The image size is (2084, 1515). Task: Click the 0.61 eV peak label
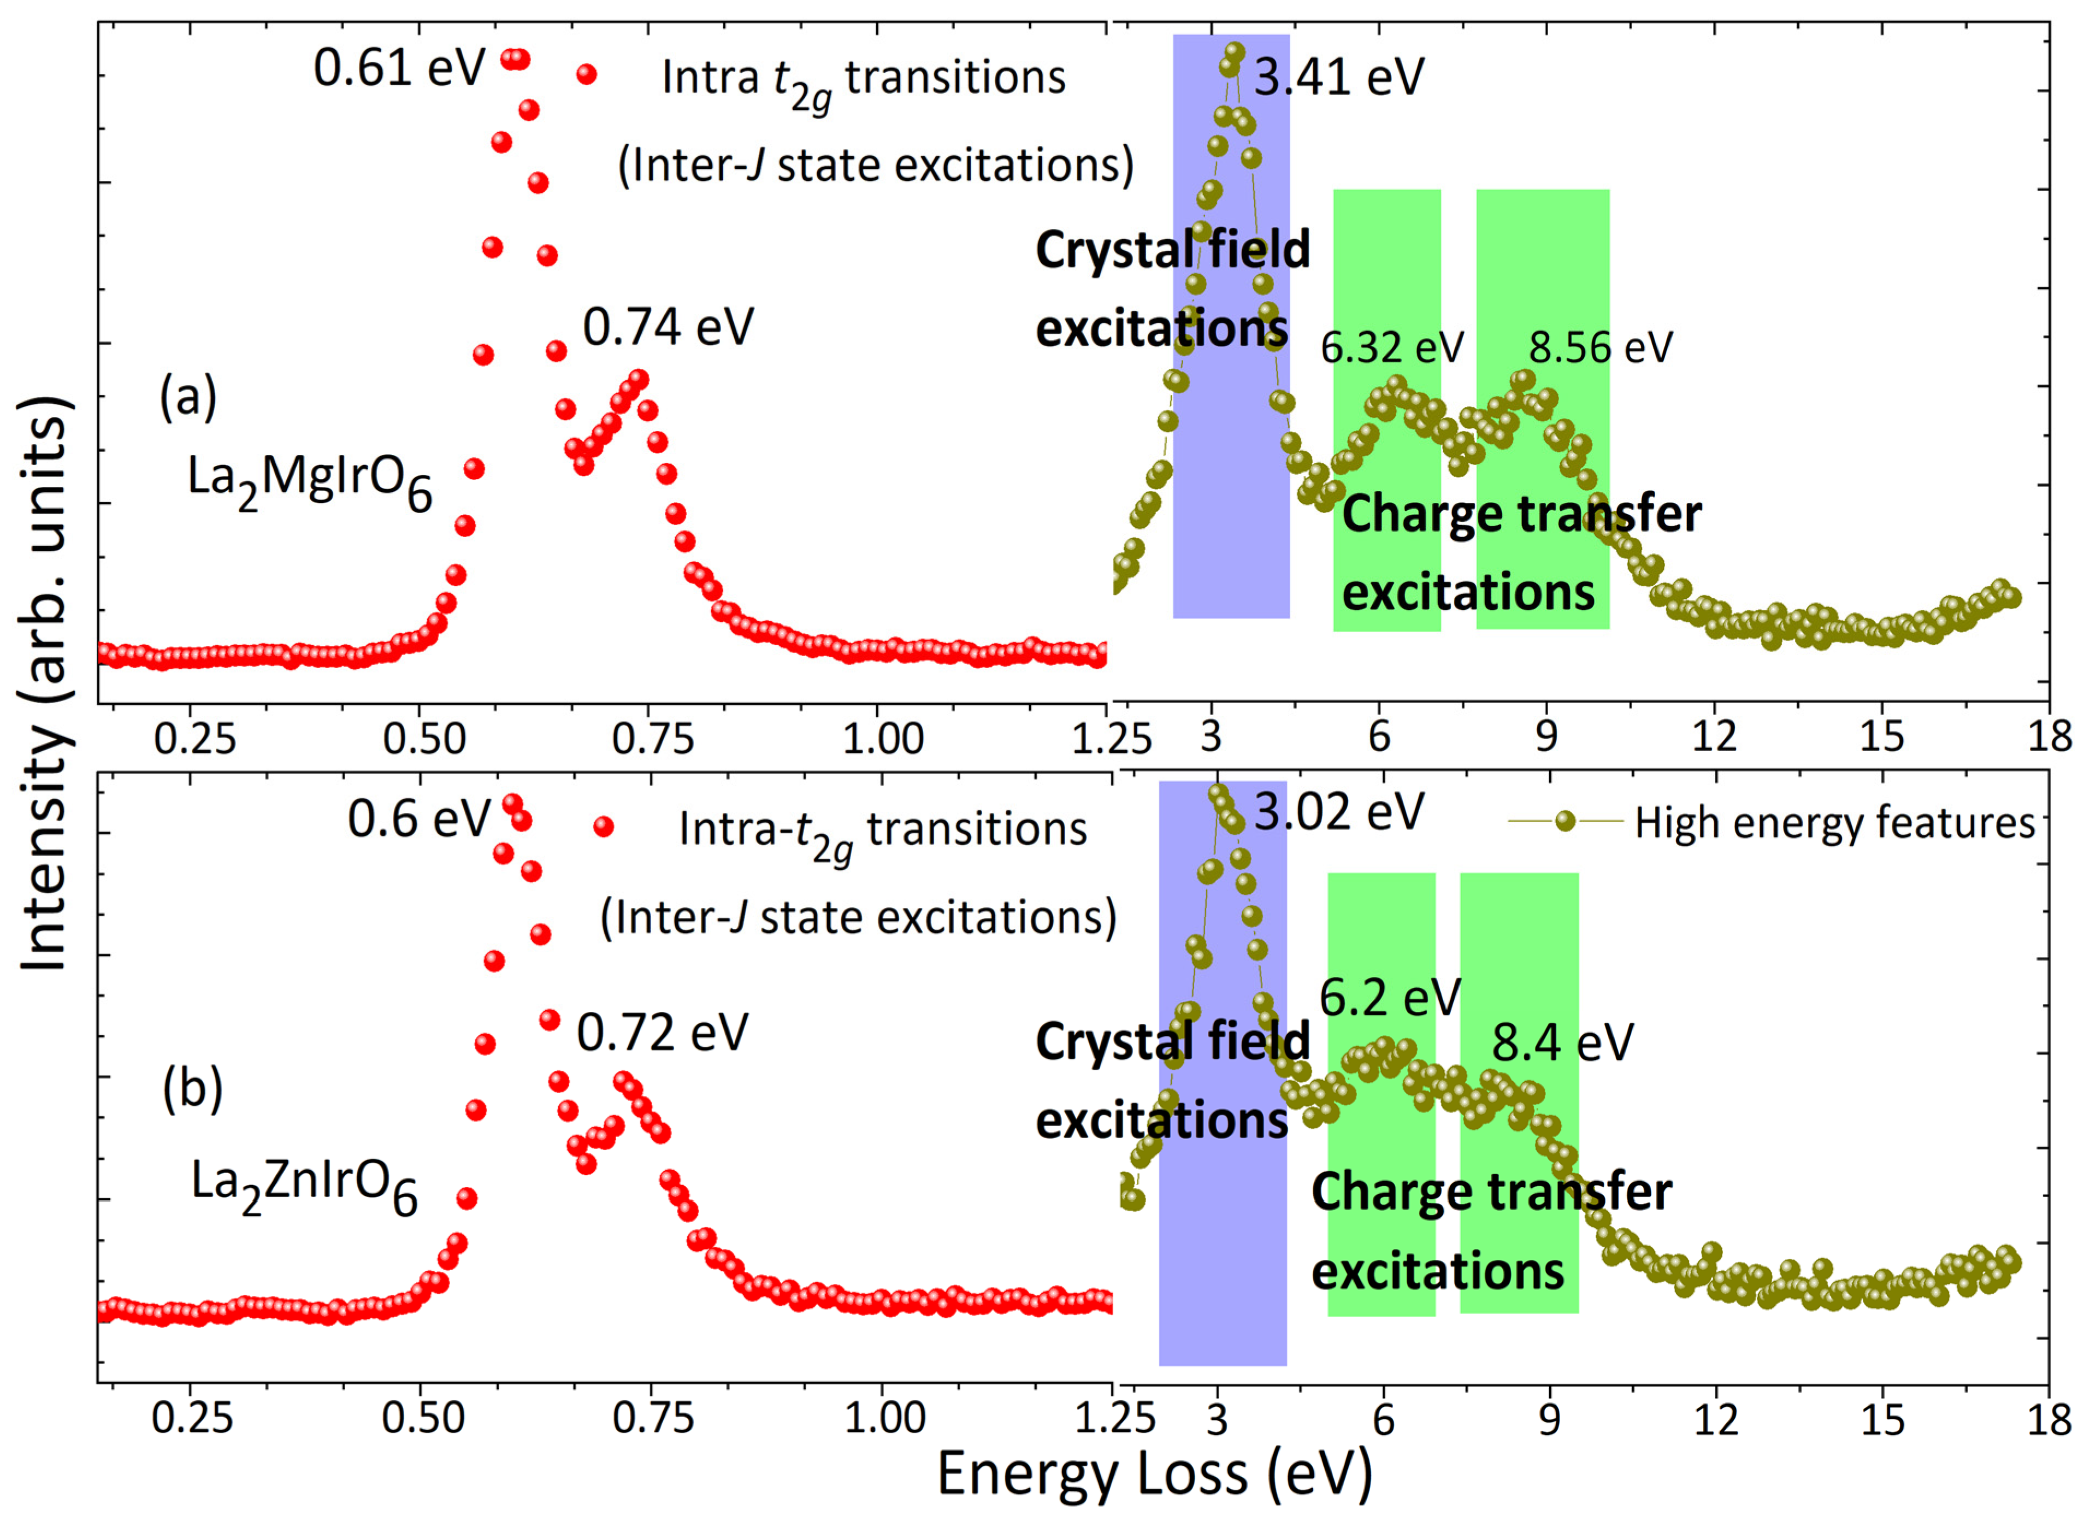pyautogui.click(x=399, y=69)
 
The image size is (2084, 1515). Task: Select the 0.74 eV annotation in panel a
pyautogui.click(x=668, y=327)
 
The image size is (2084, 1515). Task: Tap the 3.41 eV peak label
pyautogui.click(x=1339, y=77)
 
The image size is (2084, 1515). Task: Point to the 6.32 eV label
pyautogui.click(x=1391, y=348)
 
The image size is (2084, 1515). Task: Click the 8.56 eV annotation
pyautogui.click(x=1601, y=348)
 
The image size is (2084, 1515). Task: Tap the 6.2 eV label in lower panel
pyautogui.click(x=1389, y=997)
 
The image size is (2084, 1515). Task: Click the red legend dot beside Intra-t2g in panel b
pyautogui.click(x=603, y=827)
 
